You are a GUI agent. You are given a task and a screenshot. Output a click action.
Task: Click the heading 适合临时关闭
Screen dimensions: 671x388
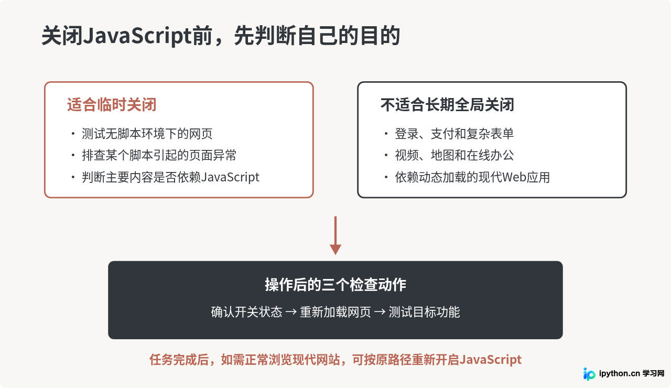pos(112,104)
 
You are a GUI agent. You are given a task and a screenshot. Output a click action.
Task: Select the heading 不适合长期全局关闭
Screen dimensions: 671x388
pos(447,104)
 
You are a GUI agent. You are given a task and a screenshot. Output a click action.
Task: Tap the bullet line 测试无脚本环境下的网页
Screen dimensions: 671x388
pos(147,134)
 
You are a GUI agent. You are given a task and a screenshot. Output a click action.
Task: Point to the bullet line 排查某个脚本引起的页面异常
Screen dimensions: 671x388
pos(159,155)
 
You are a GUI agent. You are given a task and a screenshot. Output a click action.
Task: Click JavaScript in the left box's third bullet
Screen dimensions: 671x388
pos(230,177)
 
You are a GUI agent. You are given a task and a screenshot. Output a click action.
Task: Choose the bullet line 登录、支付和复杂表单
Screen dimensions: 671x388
pos(454,134)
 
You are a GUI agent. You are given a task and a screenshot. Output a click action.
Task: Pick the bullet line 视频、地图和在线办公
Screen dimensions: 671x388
pos(454,155)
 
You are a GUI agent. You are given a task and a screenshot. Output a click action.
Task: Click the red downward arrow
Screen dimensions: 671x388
pos(335,235)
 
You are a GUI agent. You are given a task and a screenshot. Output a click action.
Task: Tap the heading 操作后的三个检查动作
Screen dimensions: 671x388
pos(335,284)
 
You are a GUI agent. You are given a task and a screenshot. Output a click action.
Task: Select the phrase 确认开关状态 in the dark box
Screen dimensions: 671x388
pos(246,312)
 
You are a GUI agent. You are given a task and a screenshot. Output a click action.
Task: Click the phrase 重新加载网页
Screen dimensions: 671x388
pos(335,312)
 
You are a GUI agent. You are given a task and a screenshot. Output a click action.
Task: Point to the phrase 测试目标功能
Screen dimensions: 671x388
pos(424,312)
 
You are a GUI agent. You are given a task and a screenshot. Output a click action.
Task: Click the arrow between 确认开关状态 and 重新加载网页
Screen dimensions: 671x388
pos(291,312)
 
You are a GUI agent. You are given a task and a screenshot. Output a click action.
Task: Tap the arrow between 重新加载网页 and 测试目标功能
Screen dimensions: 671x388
pos(380,312)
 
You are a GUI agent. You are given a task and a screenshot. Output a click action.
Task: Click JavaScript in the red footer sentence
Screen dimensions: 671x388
pos(490,360)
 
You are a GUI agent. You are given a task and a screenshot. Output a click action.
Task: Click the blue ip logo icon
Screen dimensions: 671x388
pos(589,374)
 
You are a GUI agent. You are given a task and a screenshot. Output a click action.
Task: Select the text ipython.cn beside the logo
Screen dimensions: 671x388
pos(620,374)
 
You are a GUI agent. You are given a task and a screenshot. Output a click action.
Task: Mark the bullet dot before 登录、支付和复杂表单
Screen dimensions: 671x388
pos(386,134)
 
